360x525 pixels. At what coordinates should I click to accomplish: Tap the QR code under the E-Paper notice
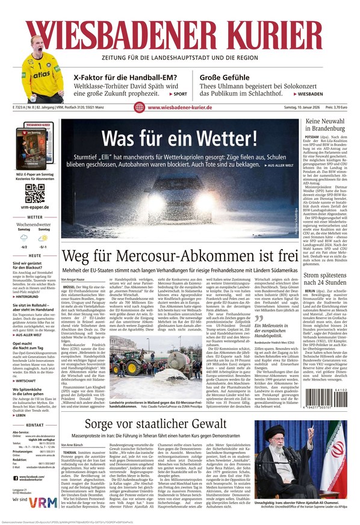[35, 193]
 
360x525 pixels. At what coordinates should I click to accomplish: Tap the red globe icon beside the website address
[139, 107]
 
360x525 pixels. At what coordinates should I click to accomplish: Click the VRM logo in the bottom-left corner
[46, 500]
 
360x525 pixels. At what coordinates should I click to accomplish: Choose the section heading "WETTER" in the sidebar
[35, 217]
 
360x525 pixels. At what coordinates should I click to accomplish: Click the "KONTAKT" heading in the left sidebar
[35, 425]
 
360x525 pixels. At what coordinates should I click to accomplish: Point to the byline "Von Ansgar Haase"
[78, 281]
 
